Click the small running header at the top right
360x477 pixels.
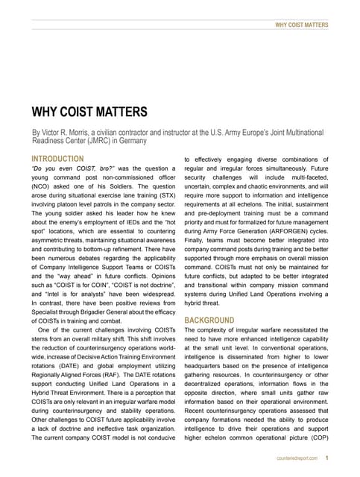click(301, 25)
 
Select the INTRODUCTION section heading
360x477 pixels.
click(57, 159)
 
